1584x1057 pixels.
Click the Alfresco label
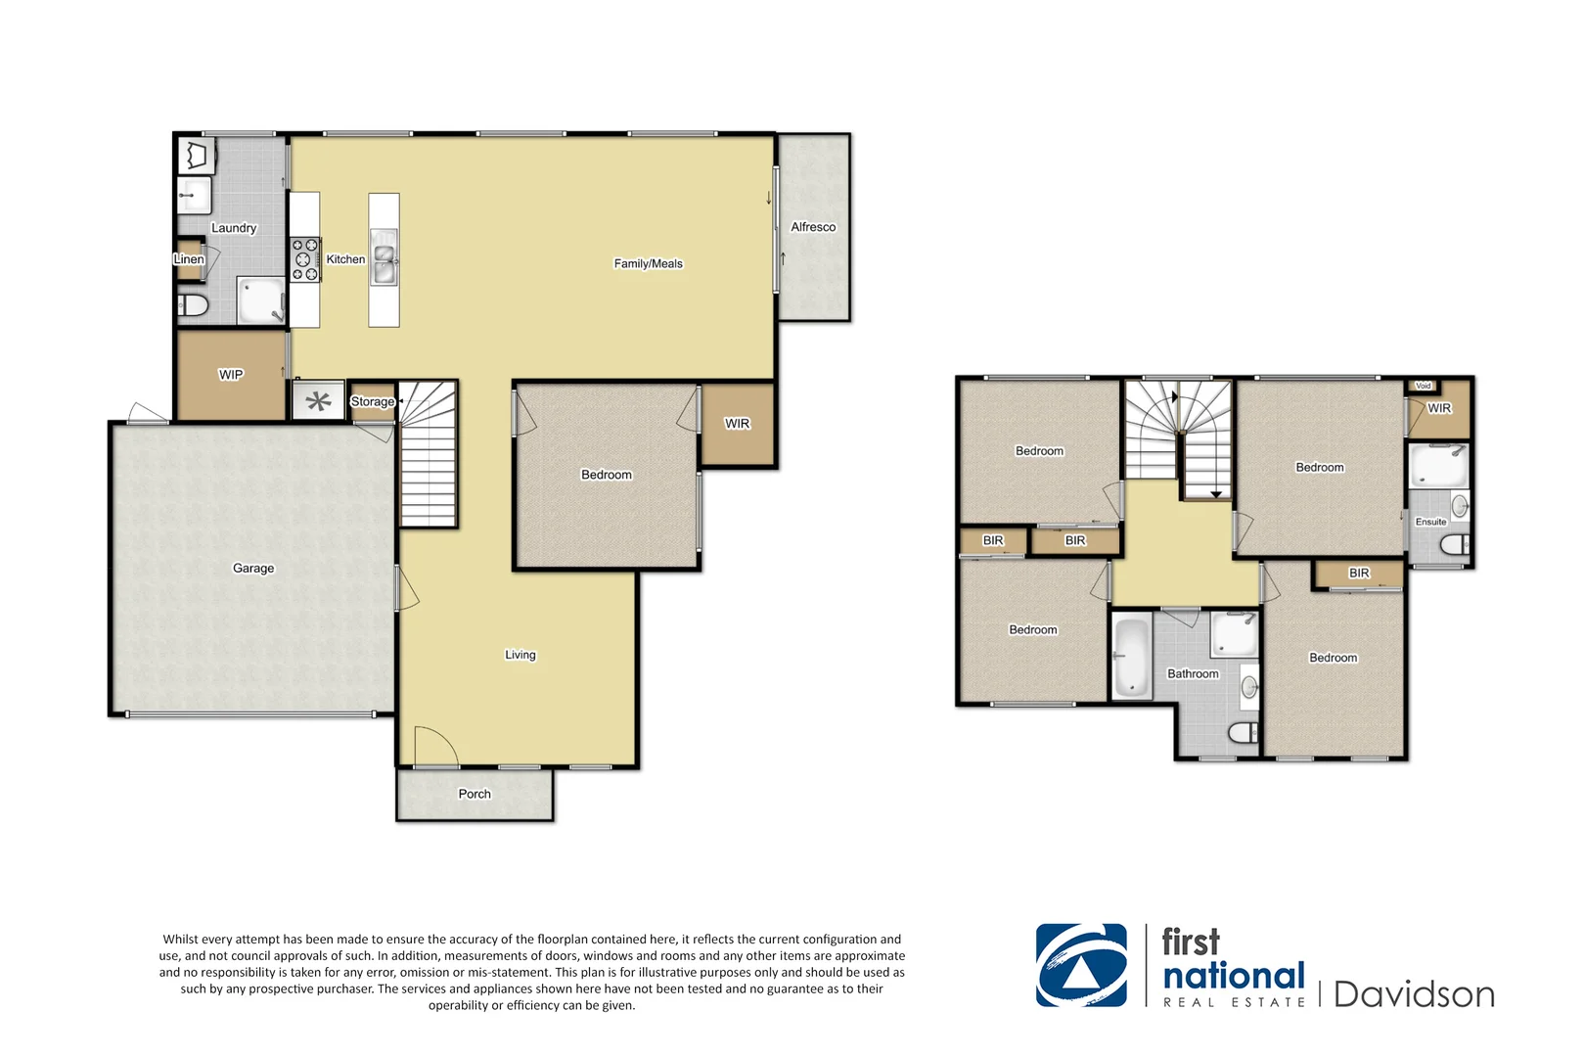point(813,227)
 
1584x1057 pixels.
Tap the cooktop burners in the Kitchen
point(305,260)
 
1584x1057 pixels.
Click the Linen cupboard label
point(188,259)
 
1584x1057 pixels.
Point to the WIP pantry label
point(231,375)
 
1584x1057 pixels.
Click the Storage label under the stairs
point(372,401)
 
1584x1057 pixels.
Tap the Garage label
point(253,569)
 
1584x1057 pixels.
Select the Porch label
point(475,794)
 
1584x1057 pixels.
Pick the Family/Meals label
point(648,263)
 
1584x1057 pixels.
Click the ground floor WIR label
point(737,424)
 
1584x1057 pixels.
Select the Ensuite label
point(1430,522)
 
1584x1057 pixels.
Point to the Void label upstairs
point(1423,386)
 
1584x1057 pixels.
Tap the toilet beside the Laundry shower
point(194,306)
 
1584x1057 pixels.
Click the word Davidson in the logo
point(1414,994)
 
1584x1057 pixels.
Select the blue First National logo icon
point(1081,965)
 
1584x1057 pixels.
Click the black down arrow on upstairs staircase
point(1216,494)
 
